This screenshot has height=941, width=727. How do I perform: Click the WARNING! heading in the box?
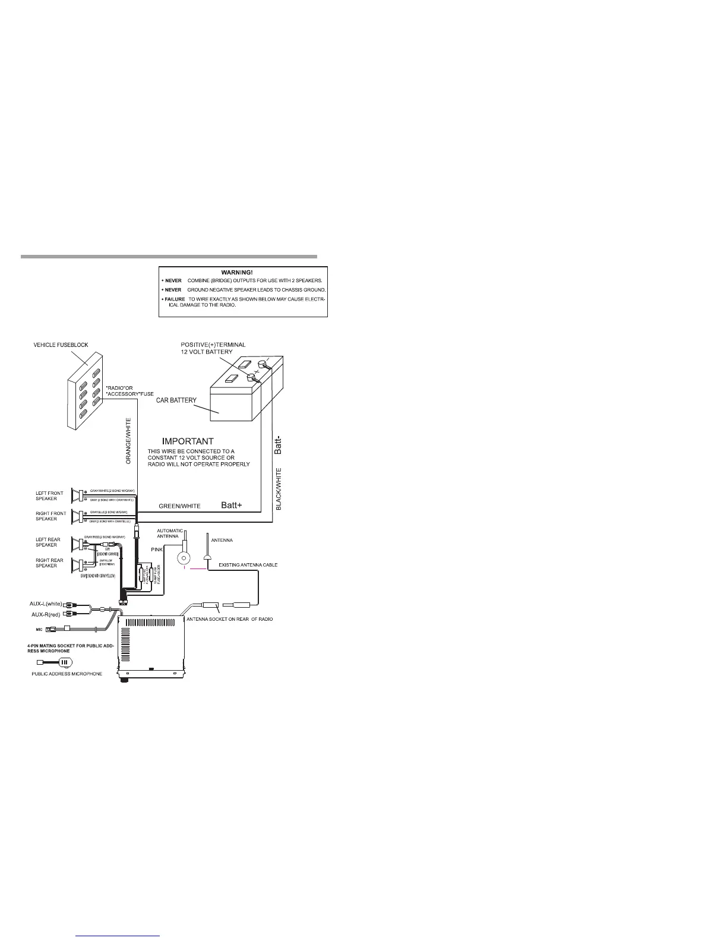pyautogui.click(x=242, y=271)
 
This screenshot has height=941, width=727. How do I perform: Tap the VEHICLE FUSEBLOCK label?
pyautogui.click(x=61, y=345)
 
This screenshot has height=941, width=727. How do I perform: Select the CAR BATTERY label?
pyautogui.click(x=176, y=400)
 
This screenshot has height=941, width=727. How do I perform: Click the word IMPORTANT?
pyautogui.click(x=188, y=441)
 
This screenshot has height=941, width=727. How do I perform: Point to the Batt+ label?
pyautogui.click(x=232, y=506)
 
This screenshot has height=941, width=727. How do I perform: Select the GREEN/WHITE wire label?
pyautogui.click(x=179, y=506)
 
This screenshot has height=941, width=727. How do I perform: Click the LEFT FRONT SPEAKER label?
pyautogui.click(x=50, y=496)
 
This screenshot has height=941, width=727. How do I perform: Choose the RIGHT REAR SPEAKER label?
pyautogui.click(x=49, y=563)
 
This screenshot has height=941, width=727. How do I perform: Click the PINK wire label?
pyautogui.click(x=157, y=550)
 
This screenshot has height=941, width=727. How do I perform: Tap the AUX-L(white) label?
pyautogui.click(x=46, y=604)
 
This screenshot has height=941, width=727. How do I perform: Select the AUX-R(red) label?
pyautogui.click(x=47, y=614)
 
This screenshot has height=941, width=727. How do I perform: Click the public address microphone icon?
pyautogui.click(x=64, y=662)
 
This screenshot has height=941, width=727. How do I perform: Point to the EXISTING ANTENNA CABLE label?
pyautogui.click(x=248, y=564)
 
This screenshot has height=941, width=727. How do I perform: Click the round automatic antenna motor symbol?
pyautogui.click(x=185, y=557)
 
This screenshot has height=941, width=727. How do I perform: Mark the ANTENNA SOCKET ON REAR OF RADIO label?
pyautogui.click(x=230, y=619)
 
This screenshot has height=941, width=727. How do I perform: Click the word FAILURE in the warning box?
pyautogui.click(x=175, y=299)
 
